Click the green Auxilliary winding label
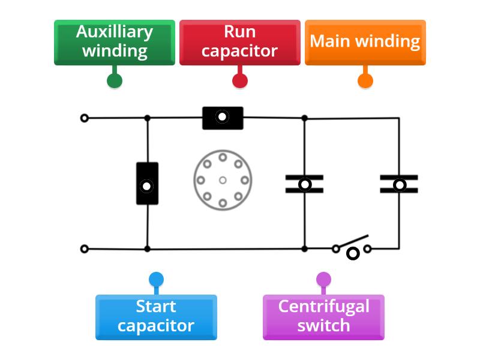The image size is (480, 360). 115,42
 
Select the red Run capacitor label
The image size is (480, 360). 240,42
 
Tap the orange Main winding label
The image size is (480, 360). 365,42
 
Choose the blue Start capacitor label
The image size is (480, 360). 156,317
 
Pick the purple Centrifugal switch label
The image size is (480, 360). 323,317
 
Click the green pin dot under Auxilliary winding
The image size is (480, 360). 115,81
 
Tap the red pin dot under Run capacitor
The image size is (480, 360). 240,81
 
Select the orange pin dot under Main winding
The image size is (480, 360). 365,81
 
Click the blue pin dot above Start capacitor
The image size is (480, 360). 156,280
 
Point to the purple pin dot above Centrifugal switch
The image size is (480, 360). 323,280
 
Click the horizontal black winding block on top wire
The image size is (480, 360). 223,118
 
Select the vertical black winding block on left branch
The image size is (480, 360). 147,184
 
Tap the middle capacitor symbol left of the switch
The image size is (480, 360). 304,184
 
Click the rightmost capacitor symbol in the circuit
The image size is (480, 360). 399,184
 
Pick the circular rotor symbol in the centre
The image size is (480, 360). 223,179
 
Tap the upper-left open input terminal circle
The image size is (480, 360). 85,118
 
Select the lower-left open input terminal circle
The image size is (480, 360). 85,248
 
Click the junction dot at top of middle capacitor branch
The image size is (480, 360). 304,118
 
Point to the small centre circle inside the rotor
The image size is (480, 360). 223,180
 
